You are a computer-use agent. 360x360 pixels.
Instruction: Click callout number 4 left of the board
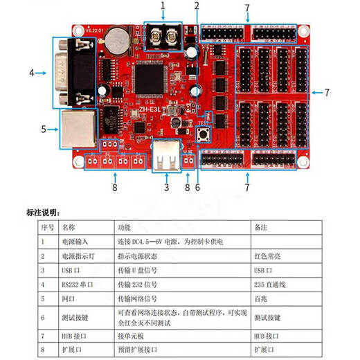click(32, 72)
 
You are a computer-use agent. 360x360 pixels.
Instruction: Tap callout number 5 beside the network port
click(43, 129)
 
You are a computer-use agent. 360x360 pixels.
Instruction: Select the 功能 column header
click(125, 226)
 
